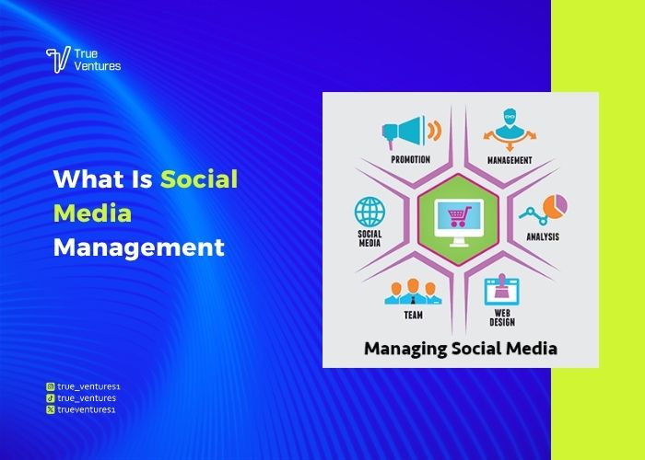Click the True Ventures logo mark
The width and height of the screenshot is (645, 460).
[58, 60]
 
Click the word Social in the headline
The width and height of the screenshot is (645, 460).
[199, 178]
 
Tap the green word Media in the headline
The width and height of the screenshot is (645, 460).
[92, 213]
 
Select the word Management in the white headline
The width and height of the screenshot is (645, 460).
[138, 247]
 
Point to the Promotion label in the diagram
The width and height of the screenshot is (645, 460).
[410, 159]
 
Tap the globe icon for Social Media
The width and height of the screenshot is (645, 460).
[369, 212]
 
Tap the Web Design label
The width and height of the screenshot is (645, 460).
[502, 317]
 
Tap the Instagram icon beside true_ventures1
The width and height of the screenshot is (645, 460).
[50, 387]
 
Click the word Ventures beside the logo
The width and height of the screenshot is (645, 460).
[99, 66]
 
